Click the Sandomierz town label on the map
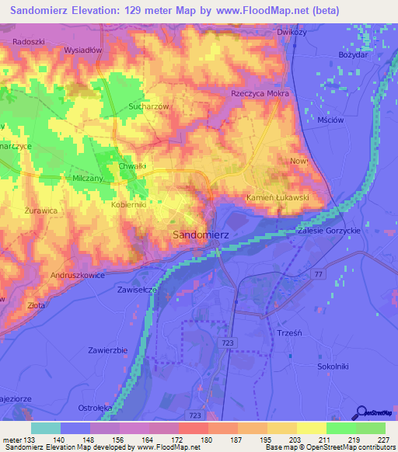click(x=200, y=234)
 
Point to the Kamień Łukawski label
click(x=278, y=198)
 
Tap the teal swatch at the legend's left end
click(x=46, y=428)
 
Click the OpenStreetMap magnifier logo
click(x=361, y=412)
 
